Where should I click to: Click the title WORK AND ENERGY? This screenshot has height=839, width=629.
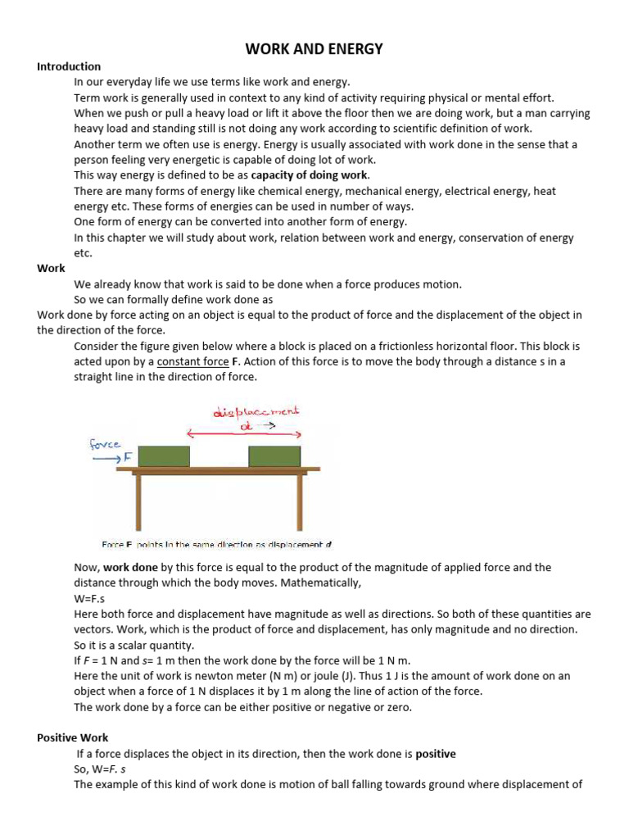(314, 49)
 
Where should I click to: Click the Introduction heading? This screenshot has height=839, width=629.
(69, 66)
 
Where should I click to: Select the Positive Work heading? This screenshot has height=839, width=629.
(72, 737)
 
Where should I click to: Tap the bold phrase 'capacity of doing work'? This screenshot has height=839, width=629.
(310, 175)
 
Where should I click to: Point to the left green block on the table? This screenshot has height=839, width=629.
(164, 456)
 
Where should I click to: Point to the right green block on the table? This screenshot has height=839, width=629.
(275, 456)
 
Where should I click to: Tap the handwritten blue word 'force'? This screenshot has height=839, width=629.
(104, 444)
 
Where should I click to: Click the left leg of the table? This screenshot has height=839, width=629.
(139, 502)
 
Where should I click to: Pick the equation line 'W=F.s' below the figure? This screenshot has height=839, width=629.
(88, 598)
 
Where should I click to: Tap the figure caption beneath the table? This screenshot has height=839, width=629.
(216, 544)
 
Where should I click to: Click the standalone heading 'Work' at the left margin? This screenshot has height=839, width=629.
(51, 268)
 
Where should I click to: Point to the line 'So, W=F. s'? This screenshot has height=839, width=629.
(101, 769)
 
